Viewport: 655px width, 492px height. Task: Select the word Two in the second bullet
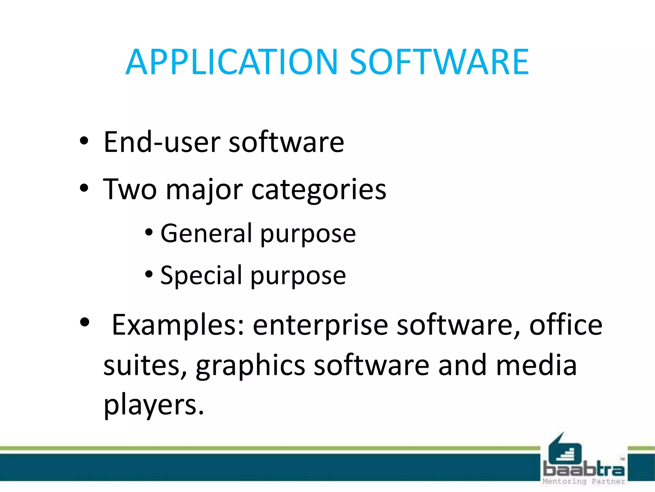click(x=130, y=189)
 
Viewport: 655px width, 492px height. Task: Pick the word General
click(x=207, y=233)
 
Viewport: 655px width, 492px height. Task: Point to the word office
click(x=566, y=325)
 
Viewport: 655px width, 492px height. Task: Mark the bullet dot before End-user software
click(x=84, y=141)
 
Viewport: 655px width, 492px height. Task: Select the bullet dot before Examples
click(x=84, y=322)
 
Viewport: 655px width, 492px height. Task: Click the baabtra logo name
click(x=584, y=470)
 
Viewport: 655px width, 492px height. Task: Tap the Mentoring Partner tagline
click(x=584, y=481)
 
